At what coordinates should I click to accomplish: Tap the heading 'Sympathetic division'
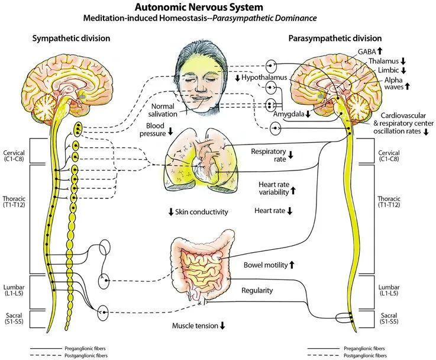click(x=70, y=38)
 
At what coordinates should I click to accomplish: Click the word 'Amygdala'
click(x=289, y=114)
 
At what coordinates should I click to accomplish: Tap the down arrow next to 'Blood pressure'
click(x=171, y=131)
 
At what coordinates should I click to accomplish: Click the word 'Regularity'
click(x=257, y=290)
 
